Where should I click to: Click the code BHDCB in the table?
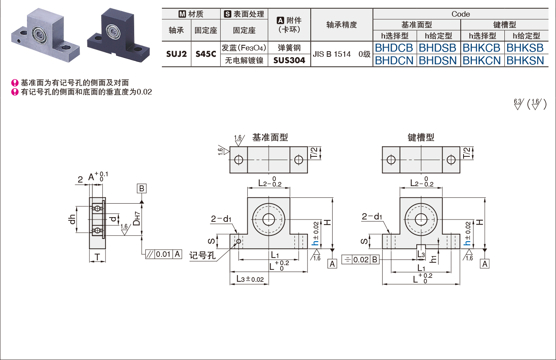tap(394, 48)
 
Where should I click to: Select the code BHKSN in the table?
tap(525, 61)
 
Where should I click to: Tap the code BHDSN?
tap(438, 61)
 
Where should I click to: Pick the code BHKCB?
tap(481, 48)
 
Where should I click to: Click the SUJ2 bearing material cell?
tap(176, 54)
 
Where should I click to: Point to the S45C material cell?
tap(206, 54)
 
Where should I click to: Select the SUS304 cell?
tap(289, 60)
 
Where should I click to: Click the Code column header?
tap(460, 14)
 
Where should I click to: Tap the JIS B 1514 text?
tap(332, 54)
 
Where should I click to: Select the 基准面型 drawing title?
tap(270, 137)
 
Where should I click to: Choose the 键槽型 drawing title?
tap(421, 137)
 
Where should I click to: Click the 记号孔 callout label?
tap(202, 255)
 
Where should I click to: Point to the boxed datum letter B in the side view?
tap(141, 188)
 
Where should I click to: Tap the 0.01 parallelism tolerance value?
tap(163, 254)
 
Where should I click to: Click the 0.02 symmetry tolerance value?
tap(361, 260)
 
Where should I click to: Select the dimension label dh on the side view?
tap(72, 219)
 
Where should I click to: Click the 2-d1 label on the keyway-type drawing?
tap(371, 217)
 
